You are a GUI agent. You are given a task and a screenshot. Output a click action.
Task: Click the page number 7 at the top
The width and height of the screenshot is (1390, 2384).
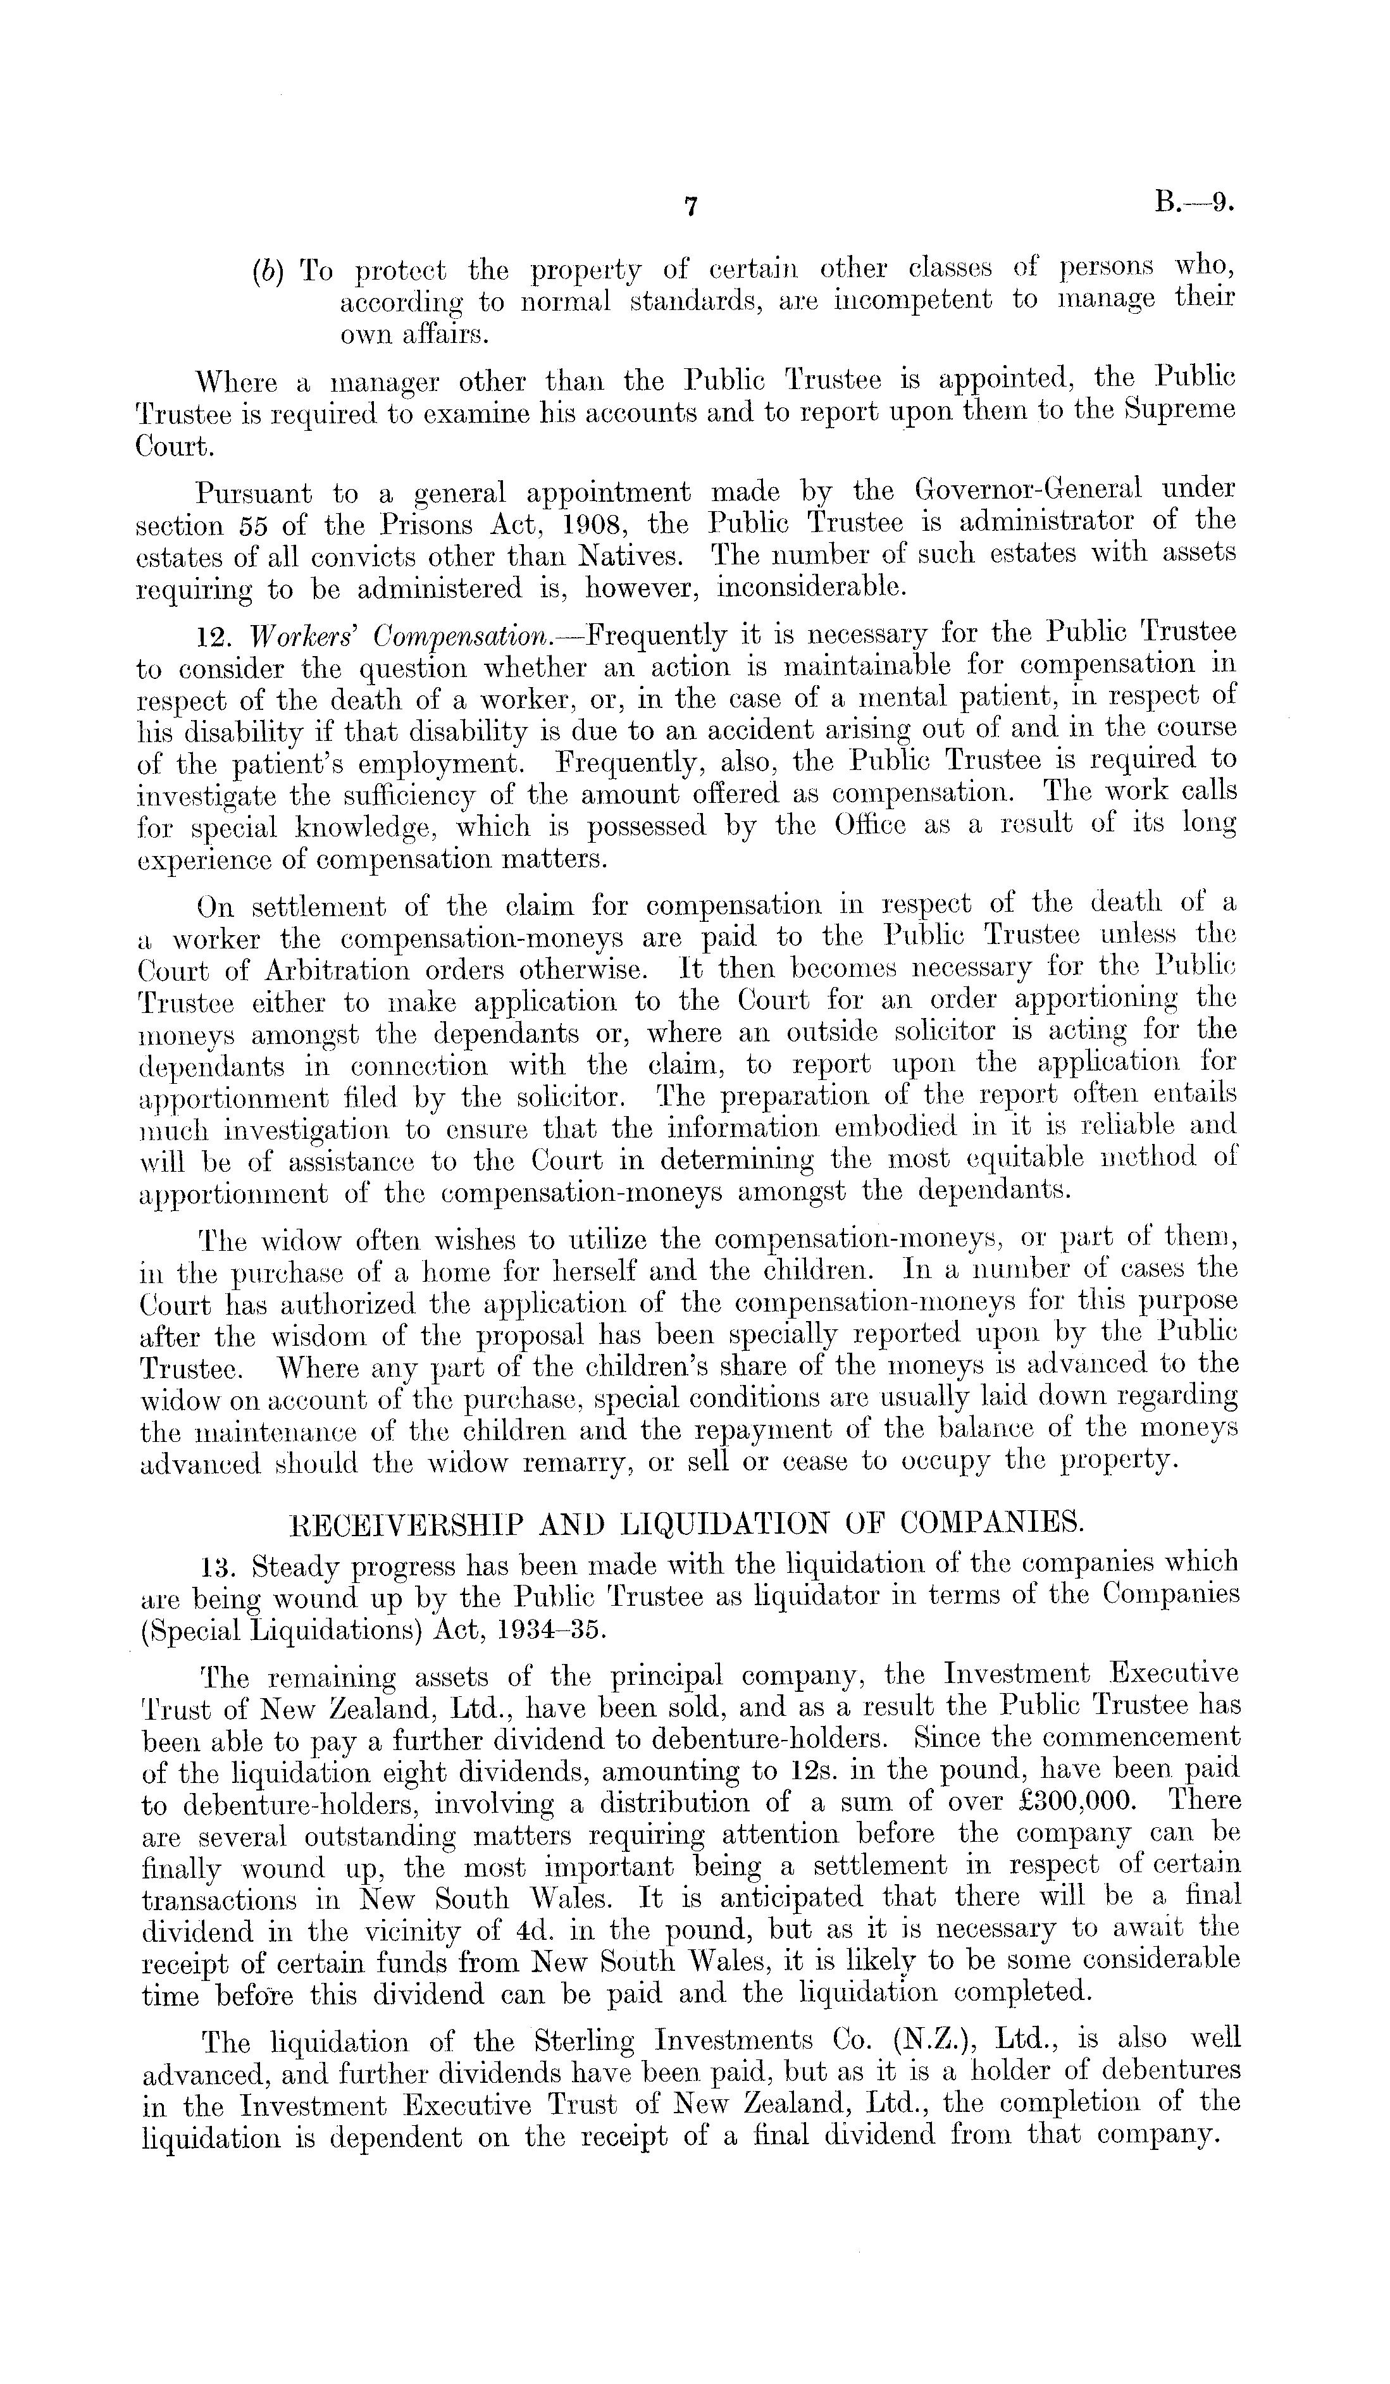pos(691,207)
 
